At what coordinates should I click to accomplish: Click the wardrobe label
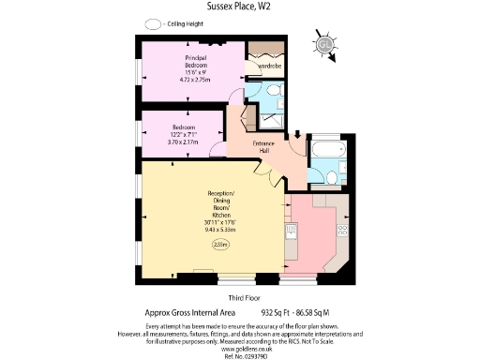click(x=270, y=67)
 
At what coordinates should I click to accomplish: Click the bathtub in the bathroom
click(x=328, y=149)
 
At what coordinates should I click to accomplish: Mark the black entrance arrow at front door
click(x=297, y=137)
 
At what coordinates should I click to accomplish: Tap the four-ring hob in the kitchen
click(x=342, y=229)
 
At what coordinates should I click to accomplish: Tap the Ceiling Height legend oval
click(x=150, y=22)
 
